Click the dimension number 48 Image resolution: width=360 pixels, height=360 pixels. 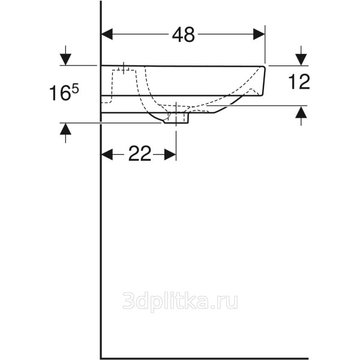pos(183,35)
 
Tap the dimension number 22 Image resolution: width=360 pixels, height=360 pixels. pos(140,154)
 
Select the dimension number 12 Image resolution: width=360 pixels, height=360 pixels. pos(299,82)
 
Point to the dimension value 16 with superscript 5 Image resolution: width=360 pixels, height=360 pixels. pos(64,92)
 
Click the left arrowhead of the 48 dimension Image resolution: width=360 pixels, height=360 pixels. pos(107,34)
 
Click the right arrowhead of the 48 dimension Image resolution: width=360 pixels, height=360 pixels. pos(259,34)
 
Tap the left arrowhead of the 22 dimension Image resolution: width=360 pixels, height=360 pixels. pos(107,154)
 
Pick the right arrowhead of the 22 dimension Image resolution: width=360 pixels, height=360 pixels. pos(170,154)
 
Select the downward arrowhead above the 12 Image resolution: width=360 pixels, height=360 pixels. pos(301,59)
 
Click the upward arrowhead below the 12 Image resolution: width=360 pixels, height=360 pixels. pos(301,112)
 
